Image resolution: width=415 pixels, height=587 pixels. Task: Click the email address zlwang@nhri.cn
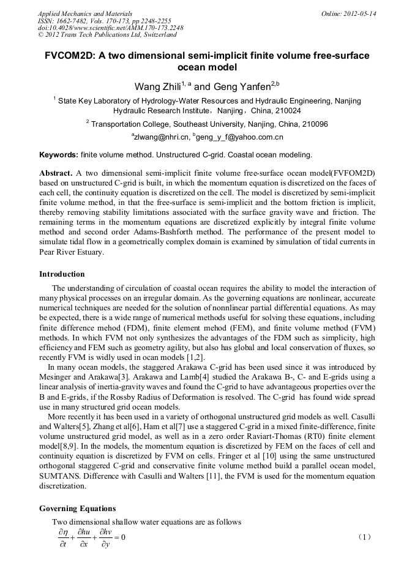(x=160, y=136)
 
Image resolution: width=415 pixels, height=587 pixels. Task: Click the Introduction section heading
(x=62, y=274)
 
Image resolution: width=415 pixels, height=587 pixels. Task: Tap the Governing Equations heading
(x=77, y=509)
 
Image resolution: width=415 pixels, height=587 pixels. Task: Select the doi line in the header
(x=110, y=28)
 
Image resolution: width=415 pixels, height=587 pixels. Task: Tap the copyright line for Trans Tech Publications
(x=107, y=35)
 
